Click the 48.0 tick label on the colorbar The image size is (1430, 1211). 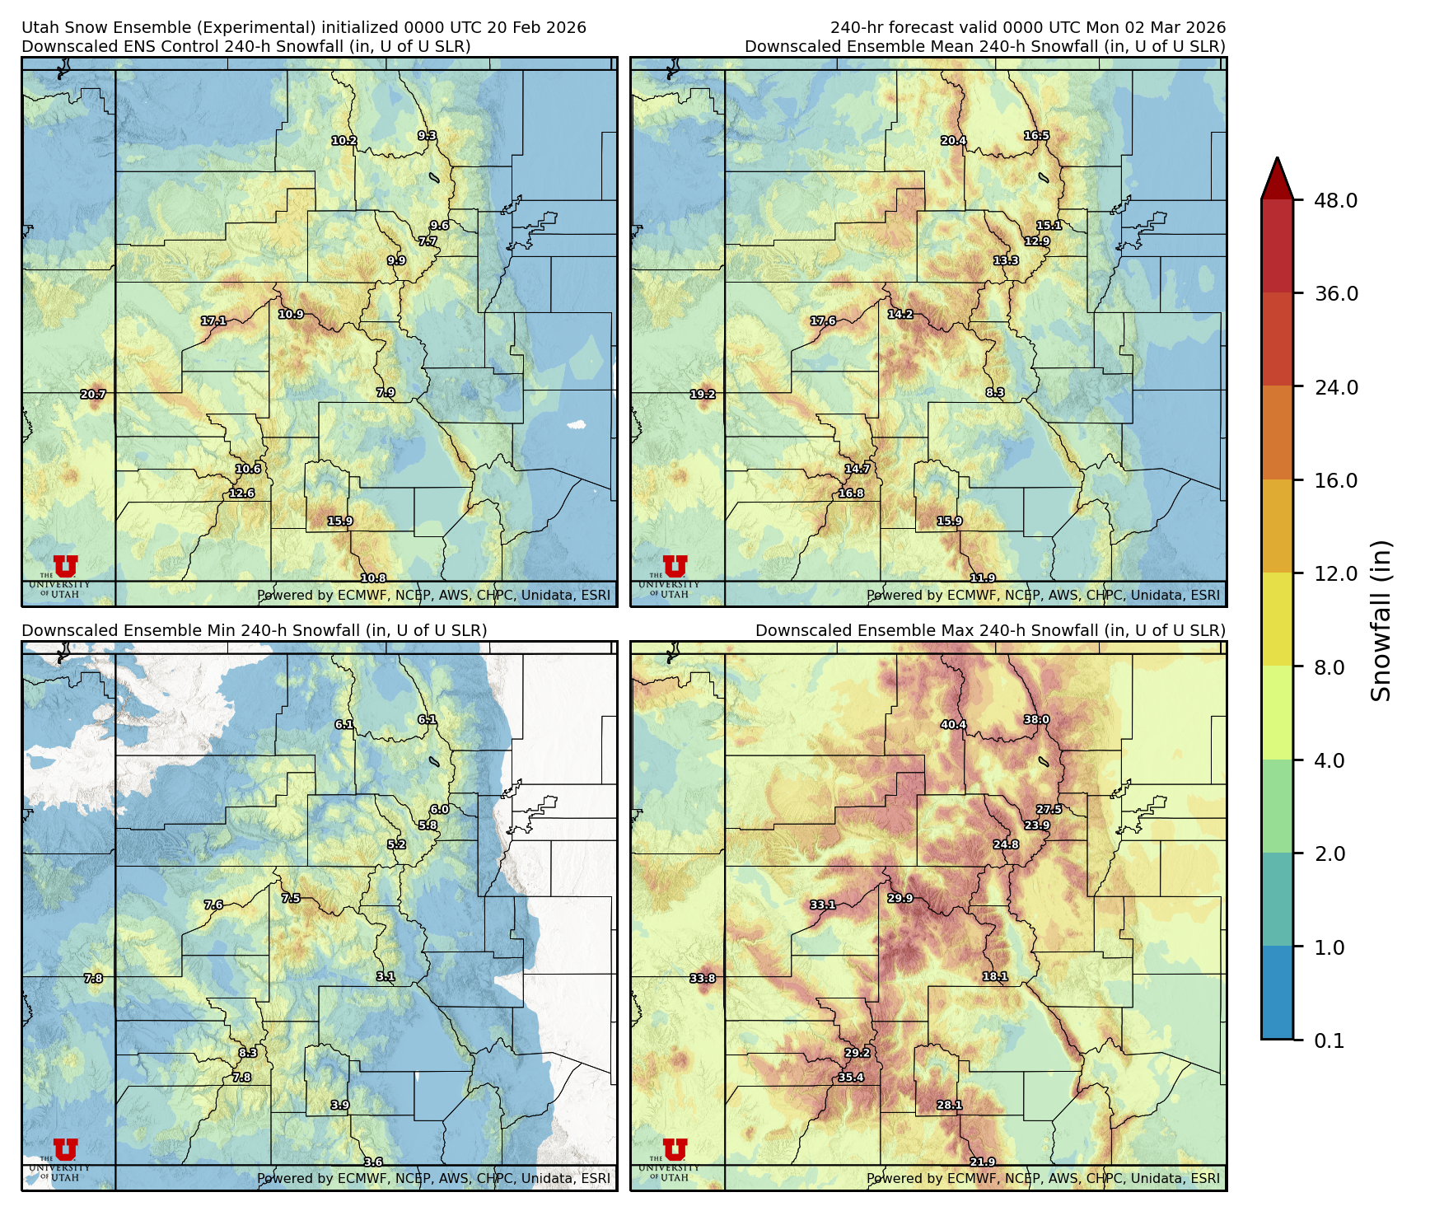[1335, 200]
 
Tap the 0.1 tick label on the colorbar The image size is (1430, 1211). [1329, 1040]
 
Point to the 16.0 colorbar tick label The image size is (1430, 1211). [1335, 480]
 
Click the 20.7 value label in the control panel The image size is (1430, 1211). [93, 395]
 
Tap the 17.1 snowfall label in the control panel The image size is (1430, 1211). [213, 320]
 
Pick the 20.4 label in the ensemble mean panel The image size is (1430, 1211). [954, 141]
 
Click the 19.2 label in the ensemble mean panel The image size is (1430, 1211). [703, 395]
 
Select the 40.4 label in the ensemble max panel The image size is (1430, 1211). [954, 725]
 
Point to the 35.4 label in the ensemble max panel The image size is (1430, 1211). [851, 1077]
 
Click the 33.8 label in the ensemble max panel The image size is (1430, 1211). [703, 978]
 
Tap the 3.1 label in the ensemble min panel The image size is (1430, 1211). [386, 976]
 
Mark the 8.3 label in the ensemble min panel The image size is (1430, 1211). [248, 1053]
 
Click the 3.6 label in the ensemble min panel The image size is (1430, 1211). [373, 1162]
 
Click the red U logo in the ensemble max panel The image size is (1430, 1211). [675, 1149]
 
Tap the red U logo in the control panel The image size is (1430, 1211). [65, 566]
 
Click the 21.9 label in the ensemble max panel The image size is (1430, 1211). [983, 1162]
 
